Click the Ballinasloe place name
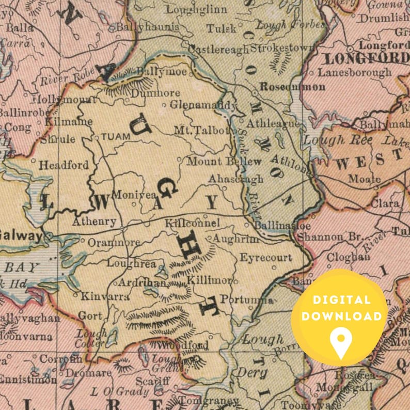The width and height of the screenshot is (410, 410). point(275,226)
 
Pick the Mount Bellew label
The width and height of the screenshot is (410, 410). point(224,161)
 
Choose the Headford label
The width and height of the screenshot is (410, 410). point(64,165)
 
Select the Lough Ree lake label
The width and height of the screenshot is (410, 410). point(331,139)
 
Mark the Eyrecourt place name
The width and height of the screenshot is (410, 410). point(266,257)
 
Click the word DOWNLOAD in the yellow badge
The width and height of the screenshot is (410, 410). point(341,316)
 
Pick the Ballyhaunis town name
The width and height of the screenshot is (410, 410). point(148,27)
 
